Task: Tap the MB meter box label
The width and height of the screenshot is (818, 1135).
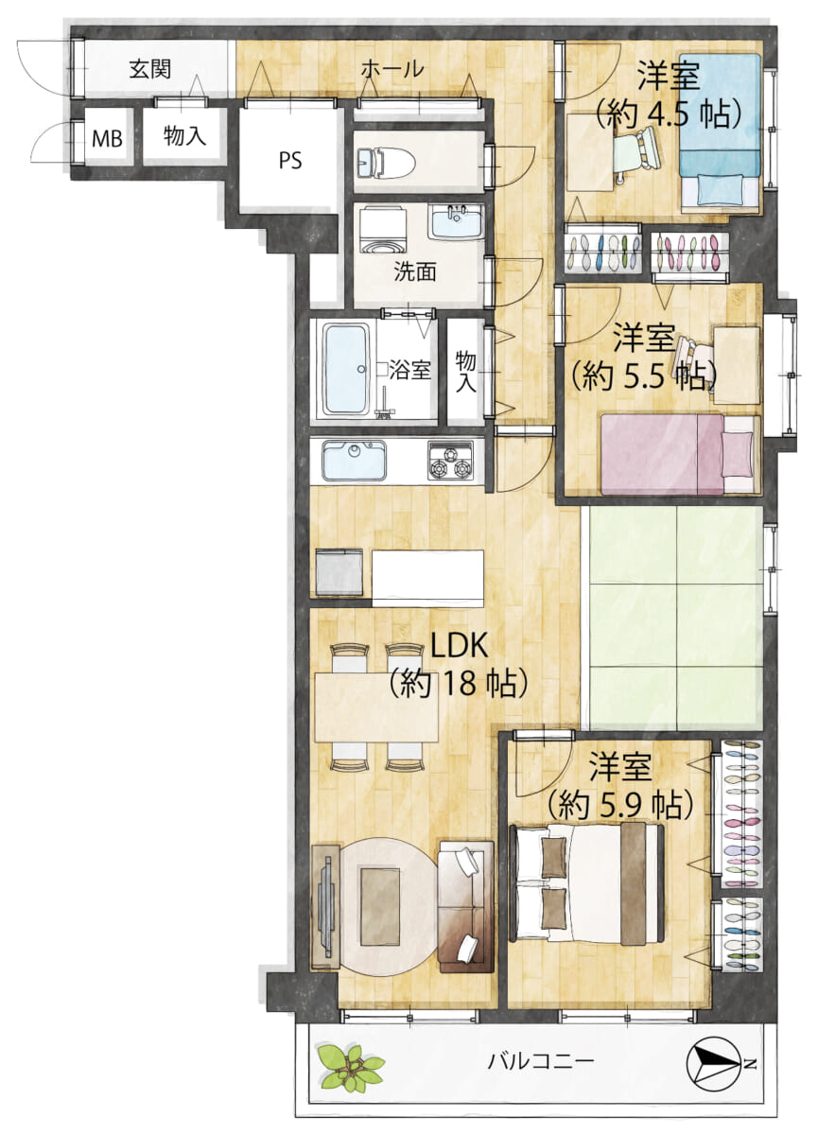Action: click(x=106, y=139)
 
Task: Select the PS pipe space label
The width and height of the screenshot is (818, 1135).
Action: click(x=289, y=160)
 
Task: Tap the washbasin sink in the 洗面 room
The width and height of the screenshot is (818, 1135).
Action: click(x=456, y=224)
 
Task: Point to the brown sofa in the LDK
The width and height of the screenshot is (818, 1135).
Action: click(x=465, y=905)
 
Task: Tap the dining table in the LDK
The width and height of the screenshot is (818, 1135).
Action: click(x=375, y=706)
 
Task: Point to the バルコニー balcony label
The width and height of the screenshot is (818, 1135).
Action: click(x=541, y=1061)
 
